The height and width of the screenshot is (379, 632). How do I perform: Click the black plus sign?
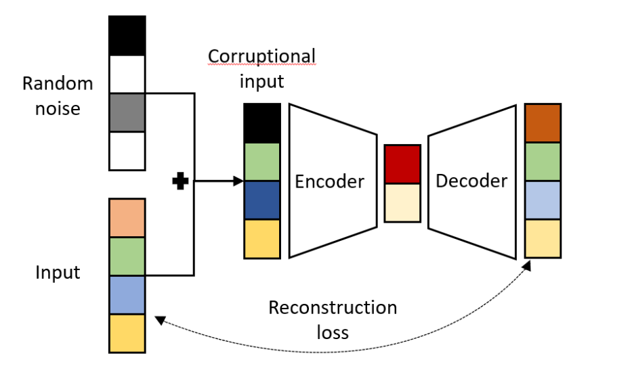180,181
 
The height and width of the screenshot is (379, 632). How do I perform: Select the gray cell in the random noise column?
127,112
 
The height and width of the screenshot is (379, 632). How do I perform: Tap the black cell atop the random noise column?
127,35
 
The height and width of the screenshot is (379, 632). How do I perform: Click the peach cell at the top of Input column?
127,217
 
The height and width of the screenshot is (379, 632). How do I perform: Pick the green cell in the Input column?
127,257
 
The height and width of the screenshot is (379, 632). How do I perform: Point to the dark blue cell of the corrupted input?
261,200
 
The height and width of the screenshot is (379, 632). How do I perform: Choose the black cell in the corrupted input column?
261,123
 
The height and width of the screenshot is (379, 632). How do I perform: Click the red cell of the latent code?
402,164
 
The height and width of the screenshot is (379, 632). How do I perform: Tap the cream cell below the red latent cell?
402,202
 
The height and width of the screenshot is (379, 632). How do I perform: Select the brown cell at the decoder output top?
543,123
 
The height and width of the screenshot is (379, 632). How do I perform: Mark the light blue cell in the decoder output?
543,200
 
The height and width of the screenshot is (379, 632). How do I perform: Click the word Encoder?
330,181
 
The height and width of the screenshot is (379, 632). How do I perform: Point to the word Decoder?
471,181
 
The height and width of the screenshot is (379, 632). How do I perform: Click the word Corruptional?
261,56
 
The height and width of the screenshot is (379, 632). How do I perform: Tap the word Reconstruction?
333,308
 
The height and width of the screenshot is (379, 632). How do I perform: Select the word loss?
333,332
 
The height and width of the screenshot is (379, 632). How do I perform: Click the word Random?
58,84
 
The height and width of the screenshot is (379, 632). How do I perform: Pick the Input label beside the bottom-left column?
58,273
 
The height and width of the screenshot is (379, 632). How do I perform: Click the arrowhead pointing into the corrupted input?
238,181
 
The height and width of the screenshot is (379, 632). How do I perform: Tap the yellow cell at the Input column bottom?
127,333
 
